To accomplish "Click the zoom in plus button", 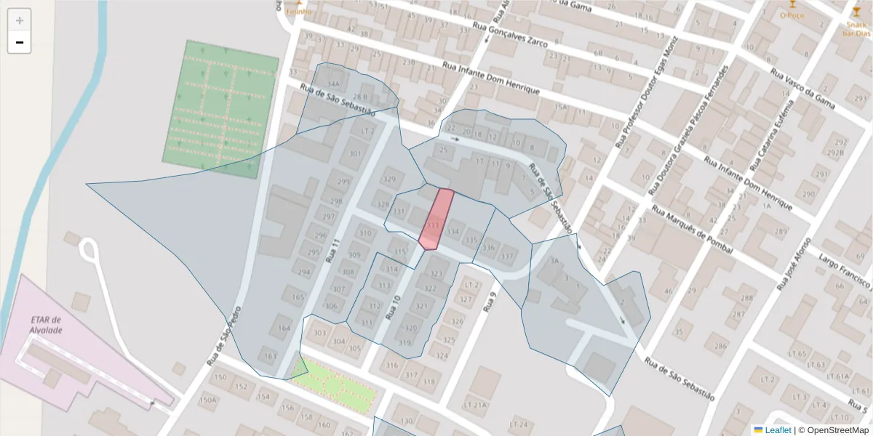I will pyautogui.click(x=20, y=20).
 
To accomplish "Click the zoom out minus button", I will pyautogui.click(x=20, y=43).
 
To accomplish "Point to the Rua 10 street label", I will pyautogui.click(x=394, y=308).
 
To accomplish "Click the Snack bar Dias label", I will pyautogui.click(x=856, y=28).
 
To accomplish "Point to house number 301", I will pyautogui.click(x=355, y=154).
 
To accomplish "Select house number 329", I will pyautogui.click(x=390, y=179).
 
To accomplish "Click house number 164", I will pyautogui.click(x=284, y=328).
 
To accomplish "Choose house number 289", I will pyautogui.click(x=781, y=232).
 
